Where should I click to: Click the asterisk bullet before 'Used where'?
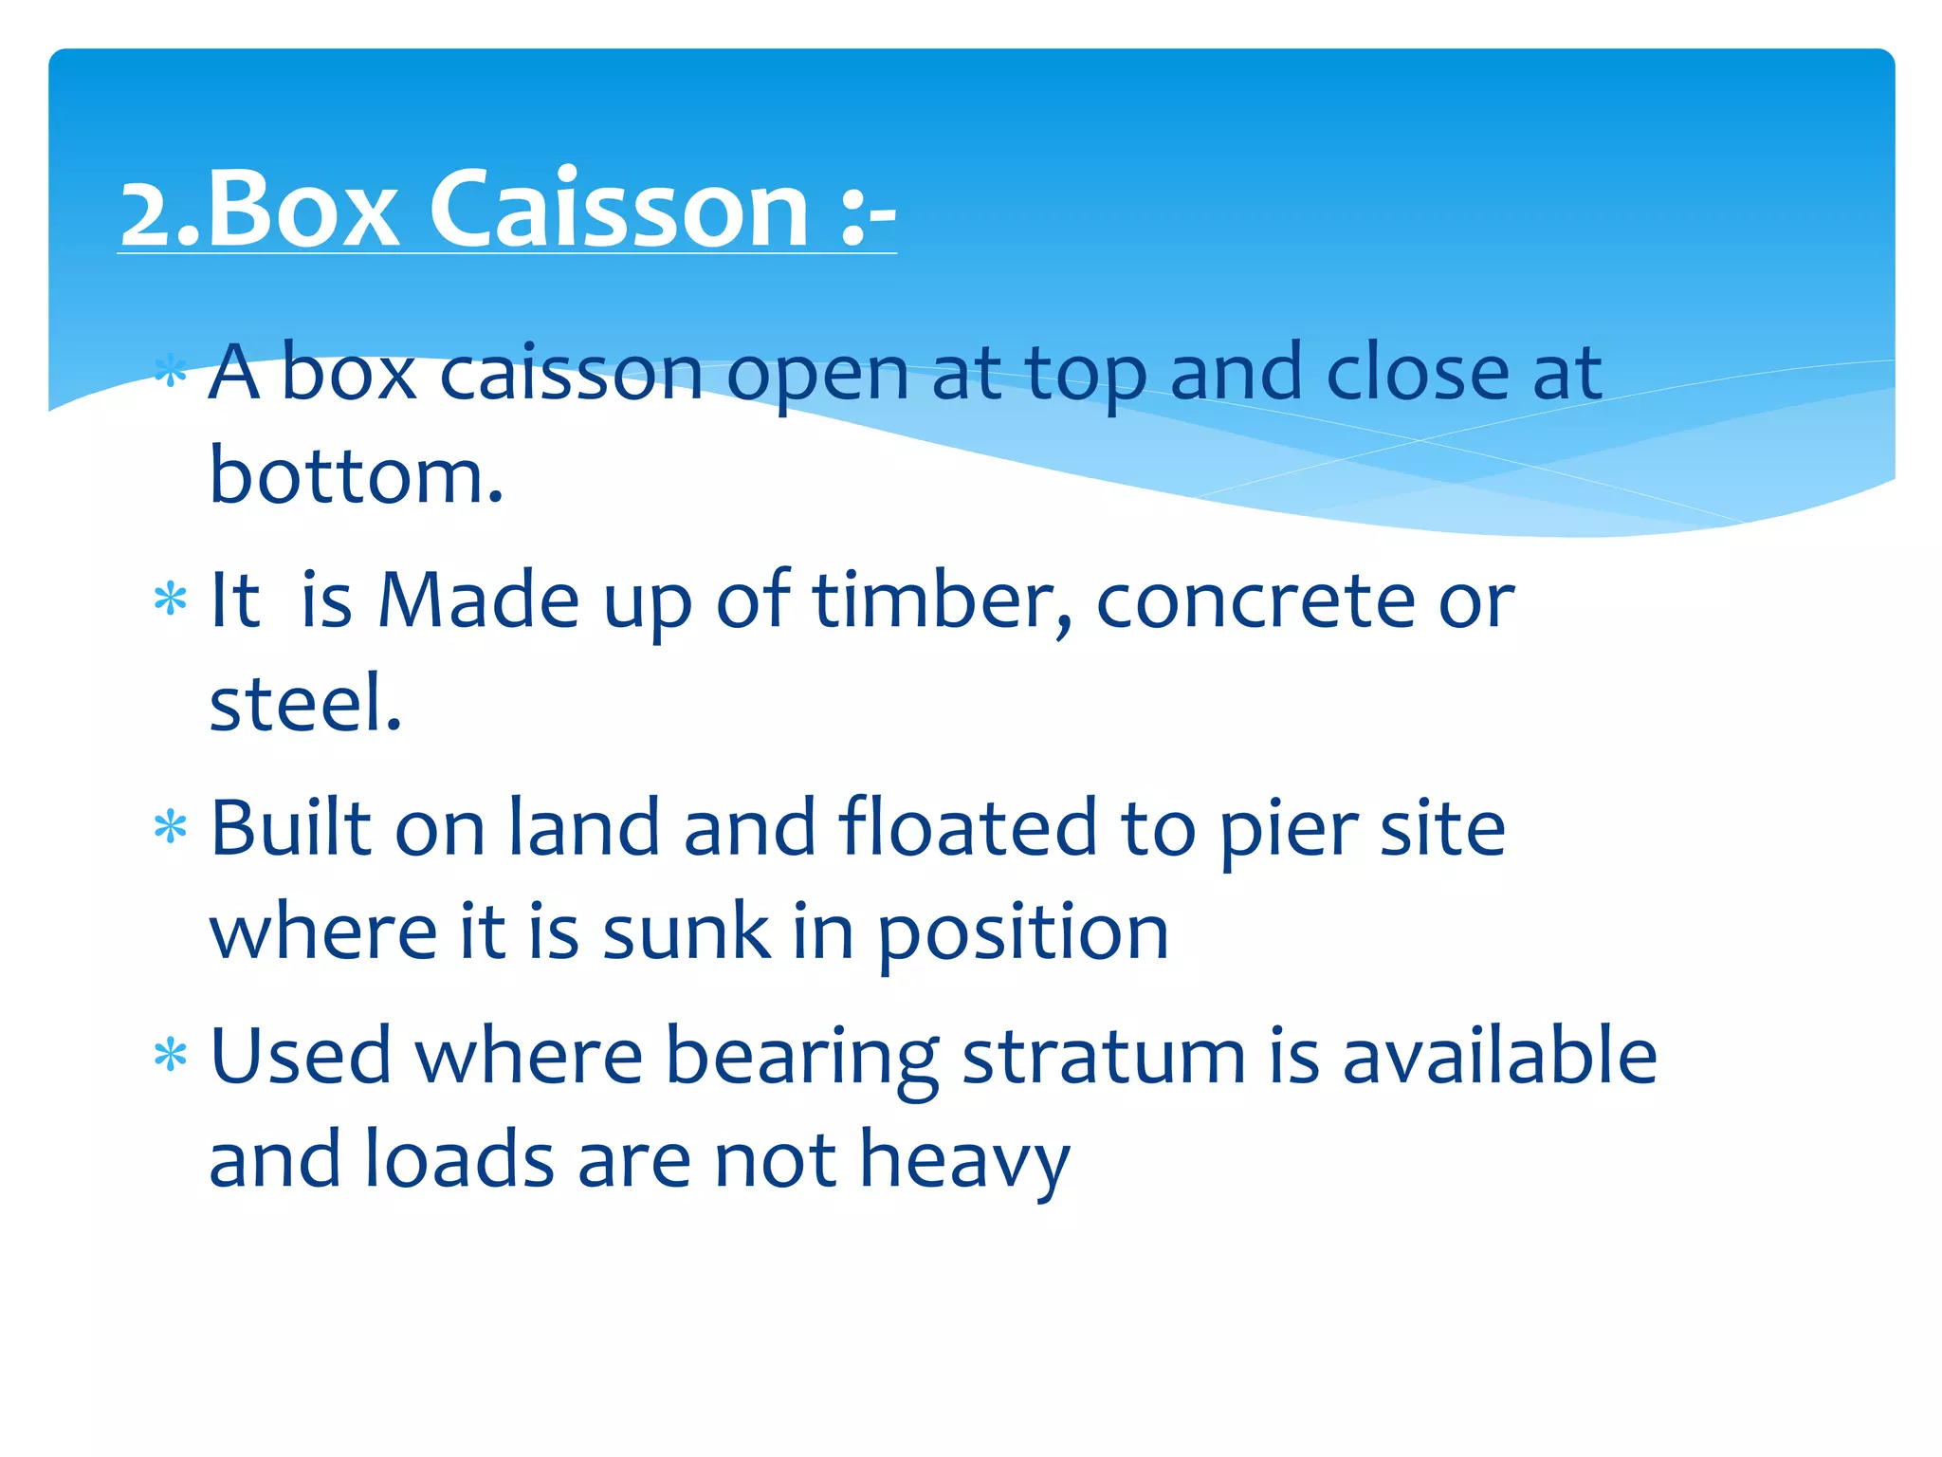[x=171, y=1055]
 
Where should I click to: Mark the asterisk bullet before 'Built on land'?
[x=171, y=827]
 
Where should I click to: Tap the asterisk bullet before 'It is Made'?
[x=171, y=599]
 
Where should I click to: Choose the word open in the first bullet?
[x=816, y=376]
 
